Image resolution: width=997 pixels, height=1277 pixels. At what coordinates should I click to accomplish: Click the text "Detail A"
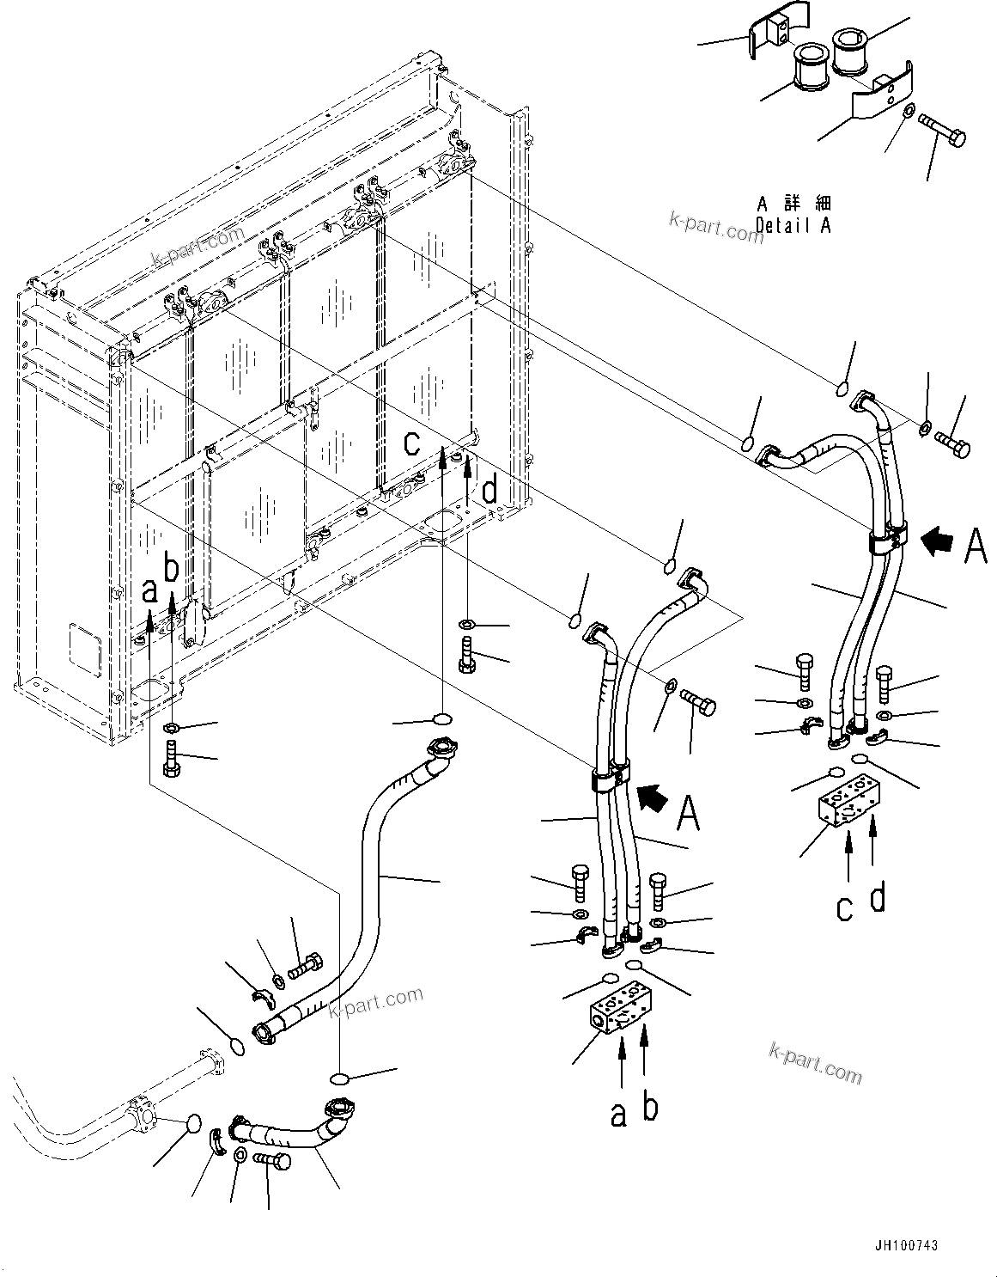793,225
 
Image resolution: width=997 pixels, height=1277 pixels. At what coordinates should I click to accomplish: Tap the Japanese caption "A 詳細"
793,204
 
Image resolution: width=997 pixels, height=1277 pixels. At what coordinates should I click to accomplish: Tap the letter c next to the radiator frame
413,442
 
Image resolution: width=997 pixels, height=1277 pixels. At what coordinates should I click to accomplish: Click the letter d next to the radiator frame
489,490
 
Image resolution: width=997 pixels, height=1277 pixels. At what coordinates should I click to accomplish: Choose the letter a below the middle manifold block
618,1114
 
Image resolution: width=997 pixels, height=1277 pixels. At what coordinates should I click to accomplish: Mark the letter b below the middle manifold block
650,1107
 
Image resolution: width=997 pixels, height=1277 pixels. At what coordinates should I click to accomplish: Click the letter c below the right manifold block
845,907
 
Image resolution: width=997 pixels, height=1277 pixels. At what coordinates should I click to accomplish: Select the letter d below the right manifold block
877,896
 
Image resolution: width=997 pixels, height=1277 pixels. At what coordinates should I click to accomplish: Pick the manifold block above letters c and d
848,804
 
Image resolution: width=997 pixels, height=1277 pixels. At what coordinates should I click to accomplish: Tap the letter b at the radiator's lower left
172,570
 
